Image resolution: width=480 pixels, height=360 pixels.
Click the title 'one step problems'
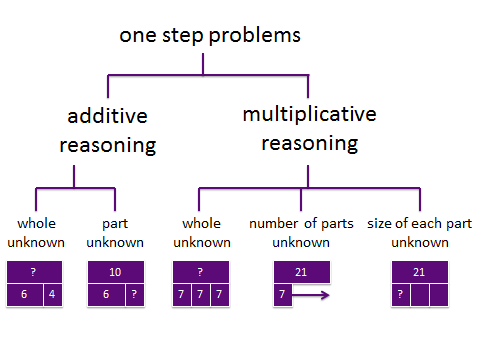[x=210, y=36]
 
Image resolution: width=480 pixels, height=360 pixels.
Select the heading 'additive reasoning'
[x=108, y=131]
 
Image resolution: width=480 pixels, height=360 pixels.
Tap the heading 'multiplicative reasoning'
[x=310, y=129]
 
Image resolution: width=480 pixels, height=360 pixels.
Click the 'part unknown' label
[x=115, y=233]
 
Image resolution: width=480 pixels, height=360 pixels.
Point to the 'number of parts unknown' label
[x=301, y=233]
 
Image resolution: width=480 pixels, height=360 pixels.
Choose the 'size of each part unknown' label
[x=420, y=233]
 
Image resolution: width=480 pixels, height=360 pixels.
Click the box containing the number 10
[x=116, y=272]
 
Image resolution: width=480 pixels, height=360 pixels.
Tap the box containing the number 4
[x=53, y=295]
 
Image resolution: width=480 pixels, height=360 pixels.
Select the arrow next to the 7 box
[x=311, y=295]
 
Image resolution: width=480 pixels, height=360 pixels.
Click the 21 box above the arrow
[x=302, y=272]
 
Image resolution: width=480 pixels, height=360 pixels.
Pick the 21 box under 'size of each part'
[x=420, y=272]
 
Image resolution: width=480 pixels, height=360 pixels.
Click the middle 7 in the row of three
[x=201, y=295]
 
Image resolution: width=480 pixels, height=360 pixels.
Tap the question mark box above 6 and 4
[x=34, y=272]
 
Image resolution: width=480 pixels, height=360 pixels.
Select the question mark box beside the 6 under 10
[x=135, y=295]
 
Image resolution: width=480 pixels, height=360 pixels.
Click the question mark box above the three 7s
[x=201, y=272]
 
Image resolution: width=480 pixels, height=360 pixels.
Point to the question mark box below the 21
[x=401, y=295]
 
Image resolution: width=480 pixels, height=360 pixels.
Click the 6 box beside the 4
[x=25, y=295]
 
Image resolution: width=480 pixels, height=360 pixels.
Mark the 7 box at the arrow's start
[x=283, y=295]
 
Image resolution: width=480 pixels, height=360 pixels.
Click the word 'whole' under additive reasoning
[x=36, y=223]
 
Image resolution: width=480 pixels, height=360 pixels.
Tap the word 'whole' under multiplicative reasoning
[x=201, y=223]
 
